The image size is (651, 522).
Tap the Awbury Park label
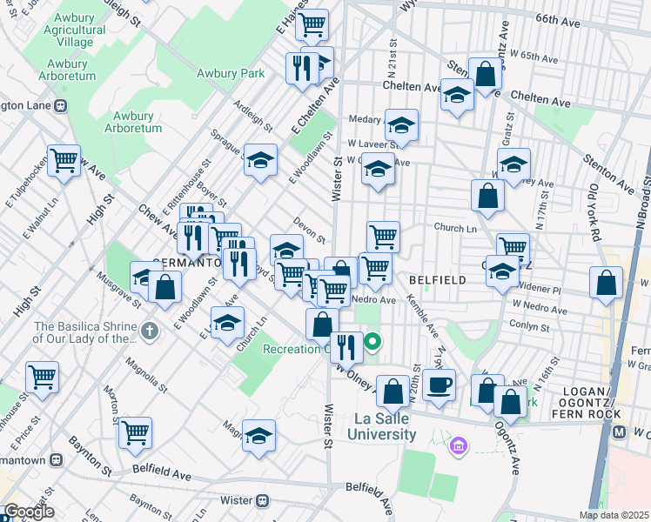231,74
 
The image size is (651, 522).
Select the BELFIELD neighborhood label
439,280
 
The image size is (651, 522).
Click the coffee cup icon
440,384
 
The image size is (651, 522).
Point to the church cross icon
150,331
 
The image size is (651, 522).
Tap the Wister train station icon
261,500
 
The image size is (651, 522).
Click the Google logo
28,512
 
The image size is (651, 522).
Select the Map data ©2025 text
614,515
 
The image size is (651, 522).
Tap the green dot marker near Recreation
372,342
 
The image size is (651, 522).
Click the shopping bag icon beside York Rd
606,283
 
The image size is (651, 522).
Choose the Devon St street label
309,230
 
